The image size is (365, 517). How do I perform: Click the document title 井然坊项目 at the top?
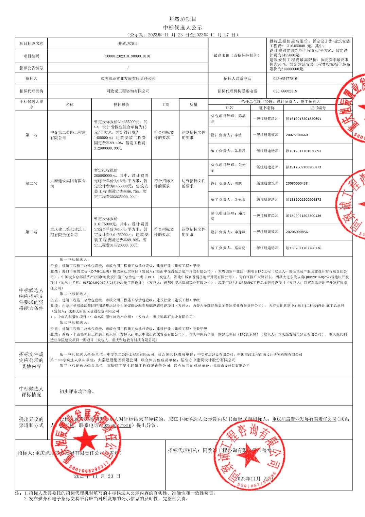coord(182,19)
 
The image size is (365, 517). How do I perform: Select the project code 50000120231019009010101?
coord(128,56)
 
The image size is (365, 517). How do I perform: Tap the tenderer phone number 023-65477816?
coord(285,79)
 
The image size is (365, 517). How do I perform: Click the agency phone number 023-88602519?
coord(285,91)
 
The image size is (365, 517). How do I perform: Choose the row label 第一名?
coord(31,135)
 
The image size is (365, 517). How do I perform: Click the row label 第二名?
coord(31,183)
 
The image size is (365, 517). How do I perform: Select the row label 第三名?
coord(31,232)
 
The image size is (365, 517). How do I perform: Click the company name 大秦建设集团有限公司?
coord(68,184)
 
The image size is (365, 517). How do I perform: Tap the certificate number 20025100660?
coord(296,135)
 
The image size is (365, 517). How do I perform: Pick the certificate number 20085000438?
coord(296,183)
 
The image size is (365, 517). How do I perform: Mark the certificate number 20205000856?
coord(296,232)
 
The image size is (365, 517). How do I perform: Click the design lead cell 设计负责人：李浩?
coord(226,135)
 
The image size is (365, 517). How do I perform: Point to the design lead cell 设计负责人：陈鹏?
coord(226,183)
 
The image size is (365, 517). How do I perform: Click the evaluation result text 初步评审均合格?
coord(77,391)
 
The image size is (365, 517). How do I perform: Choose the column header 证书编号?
coord(318,108)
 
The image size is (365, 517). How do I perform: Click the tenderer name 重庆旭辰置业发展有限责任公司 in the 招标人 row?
coord(128,79)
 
